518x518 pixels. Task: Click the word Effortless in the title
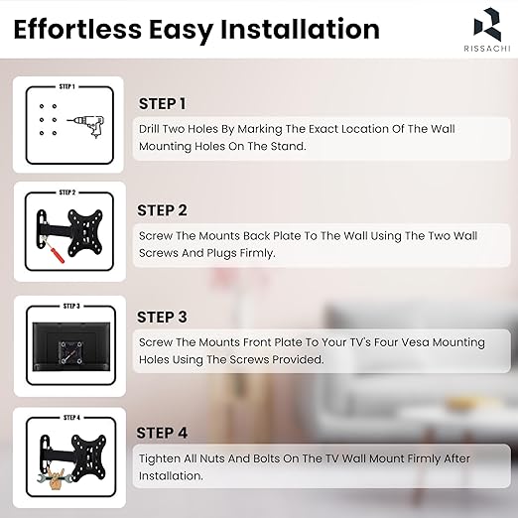point(77,29)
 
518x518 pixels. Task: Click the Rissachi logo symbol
point(487,25)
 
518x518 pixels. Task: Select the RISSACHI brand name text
point(487,49)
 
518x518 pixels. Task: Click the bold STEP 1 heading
point(162,104)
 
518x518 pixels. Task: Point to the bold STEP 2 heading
point(162,210)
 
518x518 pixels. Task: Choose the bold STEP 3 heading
point(162,317)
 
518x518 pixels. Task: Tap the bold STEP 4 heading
point(162,433)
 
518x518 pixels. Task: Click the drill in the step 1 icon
point(86,126)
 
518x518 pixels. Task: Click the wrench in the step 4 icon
point(55,477)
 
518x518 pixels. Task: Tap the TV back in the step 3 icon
point(71,346)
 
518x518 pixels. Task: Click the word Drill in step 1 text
point(149,129)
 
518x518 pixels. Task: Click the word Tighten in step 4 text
point(159,459)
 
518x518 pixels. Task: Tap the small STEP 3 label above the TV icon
point(71,306)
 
